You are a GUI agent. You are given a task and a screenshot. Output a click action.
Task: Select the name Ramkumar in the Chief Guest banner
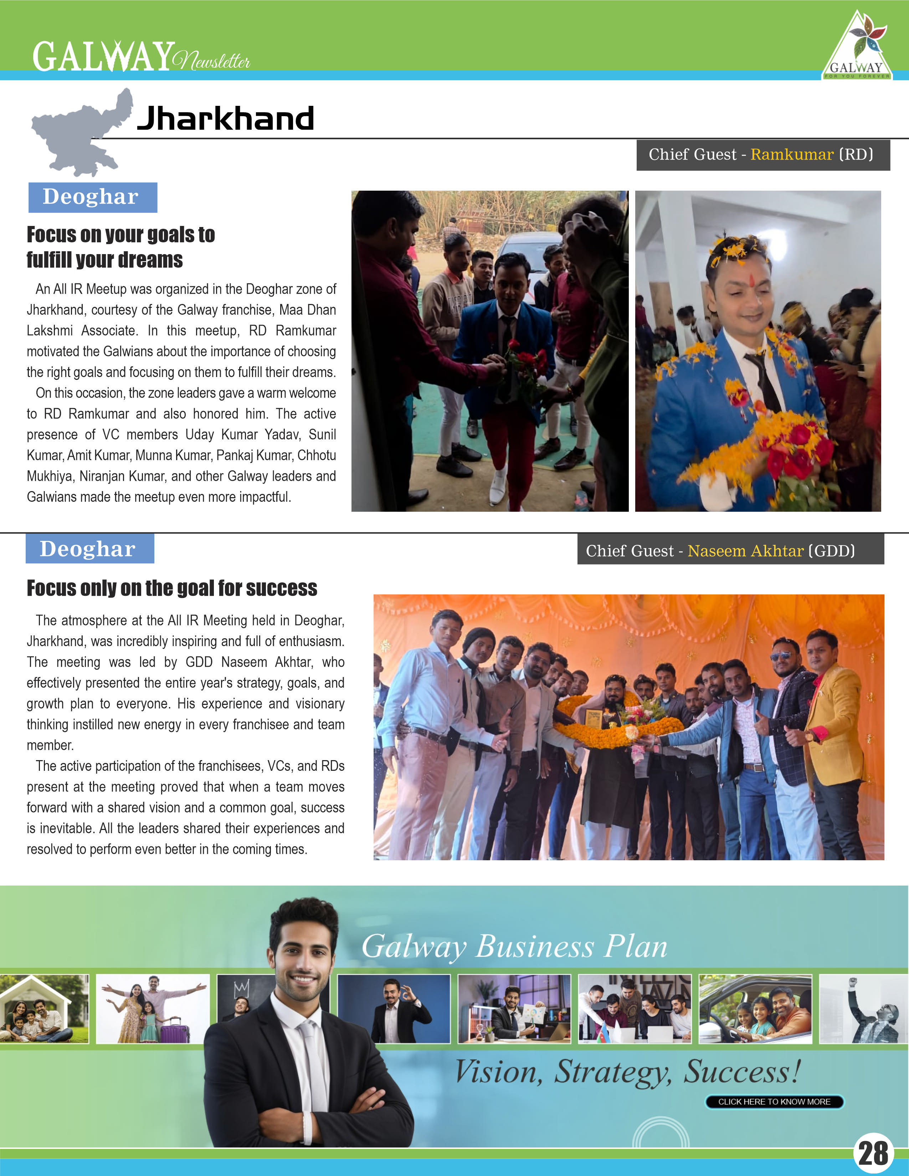coord(792,155)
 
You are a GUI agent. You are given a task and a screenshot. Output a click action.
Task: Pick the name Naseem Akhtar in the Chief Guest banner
coord(745,551)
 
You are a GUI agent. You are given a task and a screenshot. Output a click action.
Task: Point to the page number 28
coord(873,1153)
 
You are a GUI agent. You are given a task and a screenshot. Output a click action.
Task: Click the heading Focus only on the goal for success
coord(172,588)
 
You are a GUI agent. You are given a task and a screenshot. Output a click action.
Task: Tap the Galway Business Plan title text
coord(514,946)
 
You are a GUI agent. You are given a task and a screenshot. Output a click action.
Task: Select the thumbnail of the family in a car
coord(755,1009)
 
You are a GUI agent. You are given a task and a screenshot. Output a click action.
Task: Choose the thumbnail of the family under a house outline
coord(44,1009)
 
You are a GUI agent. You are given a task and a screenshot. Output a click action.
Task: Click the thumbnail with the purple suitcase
coord(153,1009)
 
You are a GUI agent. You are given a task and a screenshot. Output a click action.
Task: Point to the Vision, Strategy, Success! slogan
coord(627,1072)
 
